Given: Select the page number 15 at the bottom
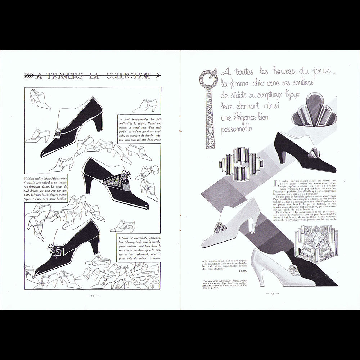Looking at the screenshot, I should click(x=270, y=294).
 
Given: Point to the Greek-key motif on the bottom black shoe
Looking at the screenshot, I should click(x=57, y=249).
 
